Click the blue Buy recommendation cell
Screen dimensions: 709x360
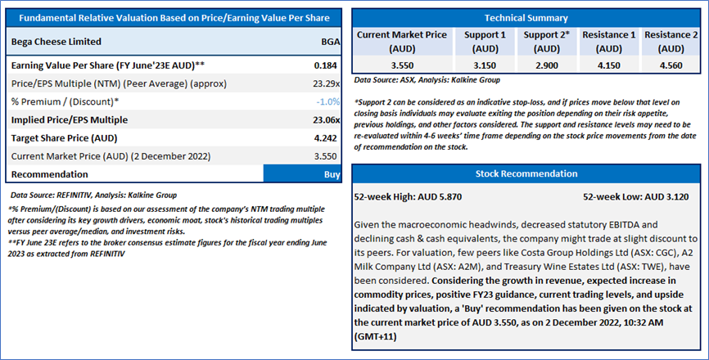[x=302, y=174]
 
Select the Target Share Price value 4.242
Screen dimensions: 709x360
[x=326, y=138]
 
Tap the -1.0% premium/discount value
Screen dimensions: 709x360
[x=327, y=101]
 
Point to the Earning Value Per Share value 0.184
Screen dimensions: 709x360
[x=326, y=65]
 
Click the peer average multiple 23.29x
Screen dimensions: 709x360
[x=327, y=83]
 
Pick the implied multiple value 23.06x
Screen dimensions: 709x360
[x=327, y=119]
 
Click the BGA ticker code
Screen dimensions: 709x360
[x=331, y=42]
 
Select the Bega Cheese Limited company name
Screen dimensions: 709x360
[x=56, y=42]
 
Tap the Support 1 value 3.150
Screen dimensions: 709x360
[x=485, y=65]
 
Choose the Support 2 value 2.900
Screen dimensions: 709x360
[x=547, y=65]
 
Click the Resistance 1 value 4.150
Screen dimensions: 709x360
[x=608, y=65]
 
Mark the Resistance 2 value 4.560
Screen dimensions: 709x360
[x=671, y=65]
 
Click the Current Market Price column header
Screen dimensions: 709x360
[x=402, y=42]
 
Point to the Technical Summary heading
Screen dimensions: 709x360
[x=526, y=18]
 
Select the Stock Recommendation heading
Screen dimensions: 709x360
[x=526, y=174]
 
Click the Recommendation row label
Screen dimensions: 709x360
[x=50, y=174]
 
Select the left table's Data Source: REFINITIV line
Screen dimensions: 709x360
[x=93, y=195]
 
